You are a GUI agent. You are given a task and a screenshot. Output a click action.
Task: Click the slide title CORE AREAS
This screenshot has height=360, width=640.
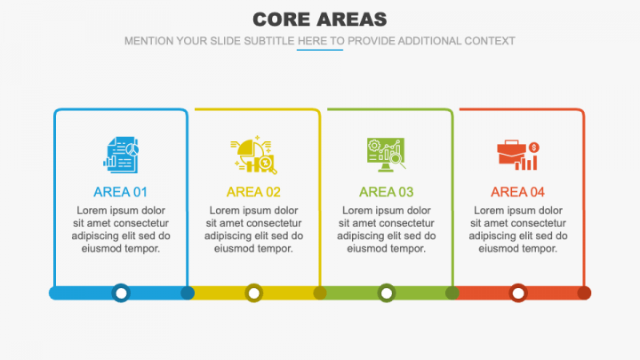click(319, 19)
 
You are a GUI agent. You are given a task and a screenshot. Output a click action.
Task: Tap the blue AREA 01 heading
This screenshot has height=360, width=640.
click(121, 192)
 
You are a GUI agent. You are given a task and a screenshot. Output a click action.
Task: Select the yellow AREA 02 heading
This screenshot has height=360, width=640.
click(253, 192)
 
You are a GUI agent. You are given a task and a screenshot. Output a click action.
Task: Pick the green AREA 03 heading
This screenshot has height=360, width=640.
click(386, 192)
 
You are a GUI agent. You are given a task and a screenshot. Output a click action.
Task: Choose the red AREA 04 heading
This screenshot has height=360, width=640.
click(517, 192)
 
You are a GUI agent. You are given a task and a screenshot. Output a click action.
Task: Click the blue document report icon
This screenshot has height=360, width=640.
click(121, 153)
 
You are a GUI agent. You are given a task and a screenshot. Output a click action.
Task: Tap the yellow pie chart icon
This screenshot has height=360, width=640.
click(253, 154)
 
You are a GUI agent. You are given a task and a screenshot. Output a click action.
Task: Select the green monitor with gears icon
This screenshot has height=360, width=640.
click(386, 153)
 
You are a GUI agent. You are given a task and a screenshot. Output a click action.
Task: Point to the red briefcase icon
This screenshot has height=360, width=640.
click(517, 155)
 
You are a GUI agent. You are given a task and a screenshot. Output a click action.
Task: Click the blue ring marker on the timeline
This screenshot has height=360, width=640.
click(121, 292)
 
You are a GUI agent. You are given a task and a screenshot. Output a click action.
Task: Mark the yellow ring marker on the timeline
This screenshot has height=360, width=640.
click(253, 292)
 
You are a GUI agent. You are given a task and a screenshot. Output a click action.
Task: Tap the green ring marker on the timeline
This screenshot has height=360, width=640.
click(386, 292)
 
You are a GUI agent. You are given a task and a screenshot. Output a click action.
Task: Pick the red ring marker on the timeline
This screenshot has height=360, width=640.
click(517, 292)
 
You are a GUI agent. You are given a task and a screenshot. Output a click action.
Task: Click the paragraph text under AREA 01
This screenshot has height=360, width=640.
click(121, 229)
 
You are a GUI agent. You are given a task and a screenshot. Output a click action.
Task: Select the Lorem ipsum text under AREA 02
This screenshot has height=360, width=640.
click(253, 229)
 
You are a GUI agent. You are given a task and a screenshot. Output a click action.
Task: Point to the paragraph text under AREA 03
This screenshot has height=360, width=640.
click(386, 229)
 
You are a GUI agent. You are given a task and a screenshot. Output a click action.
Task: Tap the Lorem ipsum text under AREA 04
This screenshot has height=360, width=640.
click(517, 229)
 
